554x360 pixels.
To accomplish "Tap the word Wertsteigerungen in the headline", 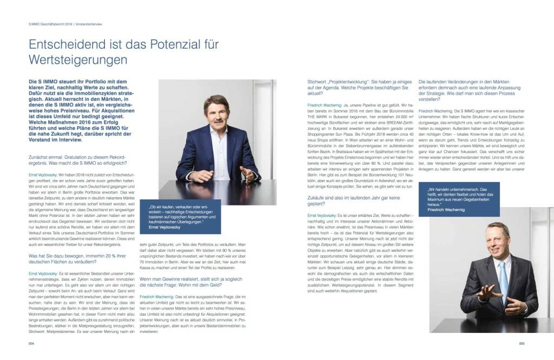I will tap(78, 58).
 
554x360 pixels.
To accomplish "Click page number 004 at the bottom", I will tap(31, 343).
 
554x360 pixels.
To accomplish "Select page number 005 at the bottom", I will tap(522, 343).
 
